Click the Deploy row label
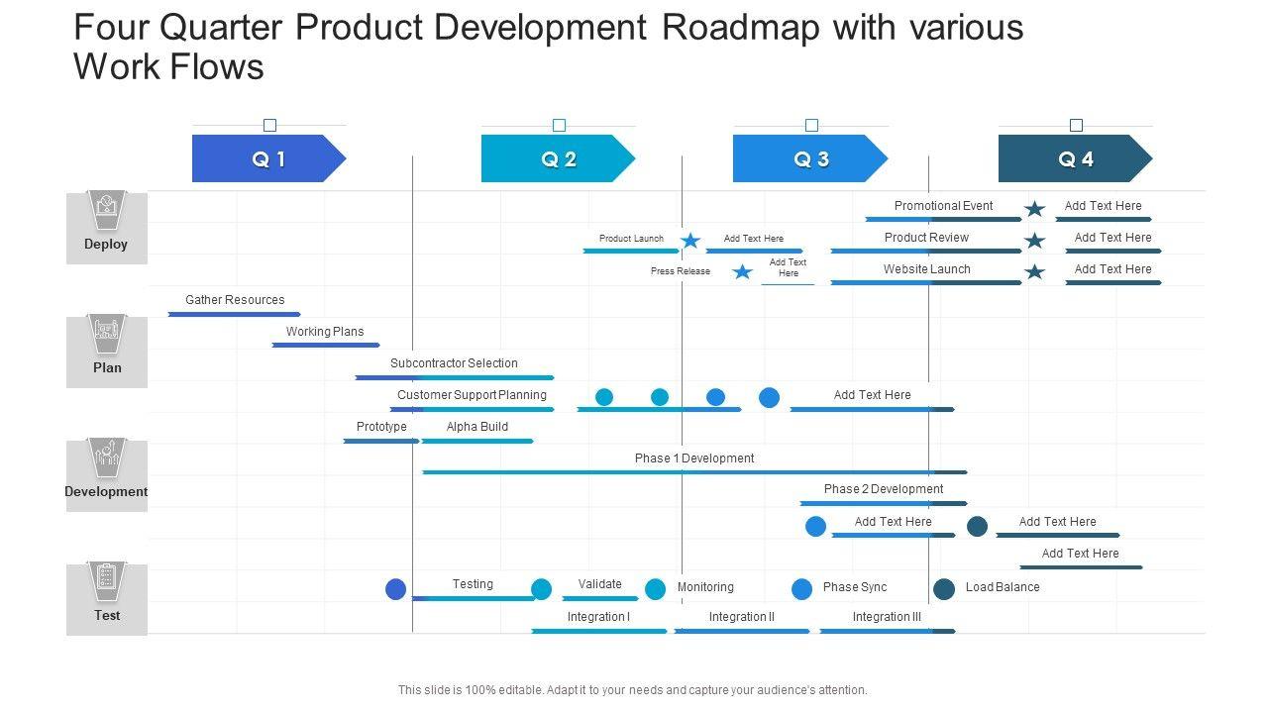click(x=106, y=244)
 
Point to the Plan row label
click(x=107, y=367)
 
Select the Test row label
click(x=107, y=615)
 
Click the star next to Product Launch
click(x=690, y=241)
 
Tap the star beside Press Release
click(x=742, y=271)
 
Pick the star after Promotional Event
click(x=1034, y=208)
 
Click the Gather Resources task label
click(x=235, y=300)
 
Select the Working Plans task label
click(x=325, y=332)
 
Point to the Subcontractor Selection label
click(x=454, y=363)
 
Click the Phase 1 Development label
click(x=694, y=458)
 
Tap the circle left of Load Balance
click(x=944, y=589)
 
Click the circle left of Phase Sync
click(x=801, y=589)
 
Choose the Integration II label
click(x=742, y=617)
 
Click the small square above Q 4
click(x=1076, y=126)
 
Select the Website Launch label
click(x=927, y=269)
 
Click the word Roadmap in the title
click(x=741, y=28)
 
